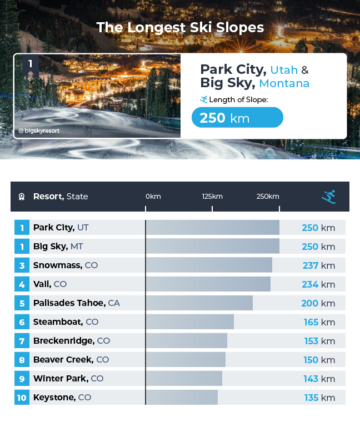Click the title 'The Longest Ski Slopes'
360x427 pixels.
180,27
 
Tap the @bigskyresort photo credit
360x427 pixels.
39,131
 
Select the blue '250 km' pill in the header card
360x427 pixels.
237,118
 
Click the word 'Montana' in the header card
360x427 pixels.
284,83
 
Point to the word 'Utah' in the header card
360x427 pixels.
283,70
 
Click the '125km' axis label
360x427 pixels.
212,197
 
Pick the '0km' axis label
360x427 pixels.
153,197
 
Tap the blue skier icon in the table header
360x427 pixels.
329,197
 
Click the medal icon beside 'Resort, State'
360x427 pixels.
22,197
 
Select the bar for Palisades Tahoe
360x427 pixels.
199,303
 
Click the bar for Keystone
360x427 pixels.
182,398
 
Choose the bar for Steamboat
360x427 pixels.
189,322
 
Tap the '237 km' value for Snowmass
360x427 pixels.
318,265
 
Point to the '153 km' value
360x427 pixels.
318,341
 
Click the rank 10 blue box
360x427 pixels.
22,398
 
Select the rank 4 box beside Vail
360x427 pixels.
22,284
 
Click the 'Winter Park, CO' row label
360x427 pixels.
68,379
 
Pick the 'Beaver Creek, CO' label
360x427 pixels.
71,360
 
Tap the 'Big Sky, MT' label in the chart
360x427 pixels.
58,247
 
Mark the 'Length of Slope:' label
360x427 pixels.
238,99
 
